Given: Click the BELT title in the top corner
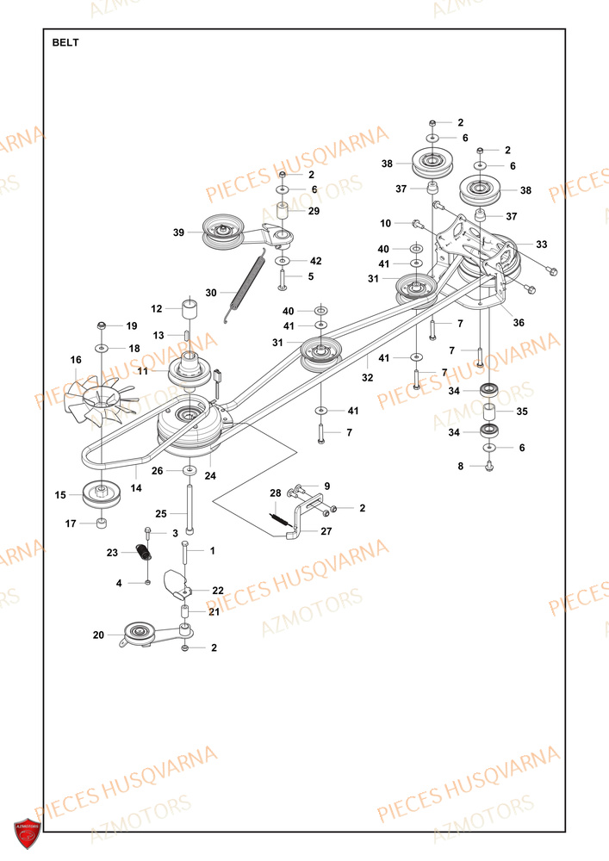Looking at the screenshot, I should point(65,42).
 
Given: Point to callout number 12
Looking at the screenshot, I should point(157,308).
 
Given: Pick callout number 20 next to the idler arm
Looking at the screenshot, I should point(98,635).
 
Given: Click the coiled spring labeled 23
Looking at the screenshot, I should point(146,557).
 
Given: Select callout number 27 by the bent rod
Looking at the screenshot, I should point(326,531).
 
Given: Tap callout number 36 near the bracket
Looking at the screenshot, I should point(518,323).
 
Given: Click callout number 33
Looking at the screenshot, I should point(541,244).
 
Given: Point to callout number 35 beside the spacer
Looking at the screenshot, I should point(522,412).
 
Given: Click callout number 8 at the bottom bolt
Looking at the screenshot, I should point(460,466).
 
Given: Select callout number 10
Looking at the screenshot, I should point(385,223).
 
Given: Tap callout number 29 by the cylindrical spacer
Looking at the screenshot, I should point(314,211).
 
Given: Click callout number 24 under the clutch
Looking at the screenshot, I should point(210,474).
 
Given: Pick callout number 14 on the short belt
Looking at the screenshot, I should point(136,487).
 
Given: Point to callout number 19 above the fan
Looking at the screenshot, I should point(132,326).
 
